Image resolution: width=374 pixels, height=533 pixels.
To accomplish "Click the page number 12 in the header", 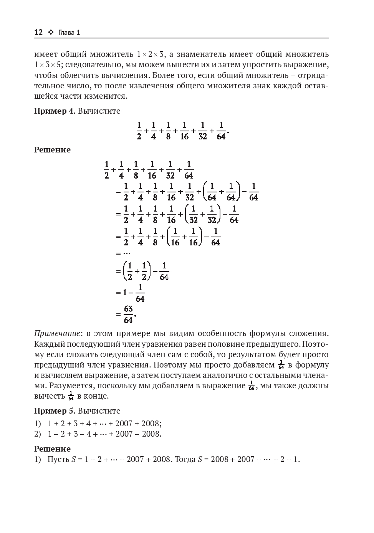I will pyautogui.click(x=38, y=32).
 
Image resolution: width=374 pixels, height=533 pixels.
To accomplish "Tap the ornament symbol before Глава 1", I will pyautogui.click(x=51, y=32).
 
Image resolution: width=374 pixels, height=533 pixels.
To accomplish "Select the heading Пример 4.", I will pyautogui.click(x=55, y=111).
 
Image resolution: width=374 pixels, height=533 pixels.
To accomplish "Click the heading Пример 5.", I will pyautogui.click(x=55, y=411).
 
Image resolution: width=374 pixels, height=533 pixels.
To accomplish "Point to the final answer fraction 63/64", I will pyautogui.click(x=128, y=314).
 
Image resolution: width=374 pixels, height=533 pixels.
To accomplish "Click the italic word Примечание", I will pyautogui.click(x=58, y=333).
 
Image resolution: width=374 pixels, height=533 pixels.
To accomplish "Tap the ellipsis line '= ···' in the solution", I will pyautogui.click(x=123, y=253).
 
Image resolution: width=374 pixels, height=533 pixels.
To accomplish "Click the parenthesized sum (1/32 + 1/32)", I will pyautogui.click(x=203, y=214).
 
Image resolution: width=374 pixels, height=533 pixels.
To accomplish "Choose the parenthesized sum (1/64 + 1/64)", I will pyautogui.click(x=222, y=192).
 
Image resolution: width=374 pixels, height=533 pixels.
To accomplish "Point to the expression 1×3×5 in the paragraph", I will pyautogui.click(x=48, y=65).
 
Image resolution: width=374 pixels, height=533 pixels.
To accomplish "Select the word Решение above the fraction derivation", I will pyautogui.click(x=52, y=150).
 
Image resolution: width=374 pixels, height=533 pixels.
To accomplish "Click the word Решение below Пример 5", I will pyautogui.click(x=52, y=449).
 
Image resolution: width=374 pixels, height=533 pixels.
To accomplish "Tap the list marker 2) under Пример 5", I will pyautogui.click(x=38, y=434).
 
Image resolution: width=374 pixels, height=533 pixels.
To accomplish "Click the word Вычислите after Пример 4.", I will pyautogui.click(x=99, y=111).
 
